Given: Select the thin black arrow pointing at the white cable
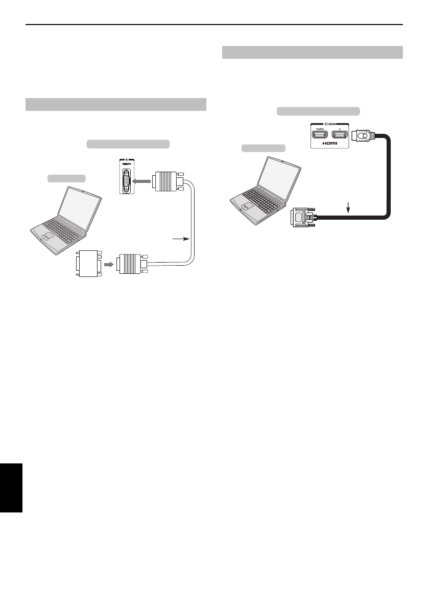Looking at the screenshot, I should coord(181,238).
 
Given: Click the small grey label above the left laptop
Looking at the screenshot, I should coord(66,178).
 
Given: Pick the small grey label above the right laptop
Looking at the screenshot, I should coord(263,148).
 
